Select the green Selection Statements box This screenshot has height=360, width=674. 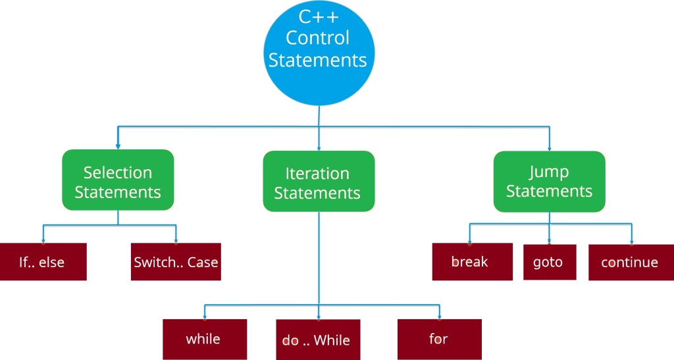(118, 180)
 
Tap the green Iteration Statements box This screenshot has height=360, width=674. (319, 181)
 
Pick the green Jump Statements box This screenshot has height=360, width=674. (550, 181)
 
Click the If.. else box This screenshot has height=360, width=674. (43, 262)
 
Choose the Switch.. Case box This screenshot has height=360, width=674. (176, 262)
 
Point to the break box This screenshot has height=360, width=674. (473, 262)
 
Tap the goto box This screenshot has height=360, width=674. (550, 262)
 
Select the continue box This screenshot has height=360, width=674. (631, 262)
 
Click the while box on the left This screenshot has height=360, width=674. (205, 340)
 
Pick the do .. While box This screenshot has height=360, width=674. (318, 340)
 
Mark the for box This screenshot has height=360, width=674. (439, 340)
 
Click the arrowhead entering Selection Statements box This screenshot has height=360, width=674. (118, 146)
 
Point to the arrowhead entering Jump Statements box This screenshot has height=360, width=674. (550, 148)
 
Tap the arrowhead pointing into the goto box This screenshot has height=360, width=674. (550, 242)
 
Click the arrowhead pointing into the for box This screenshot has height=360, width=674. (439, 317)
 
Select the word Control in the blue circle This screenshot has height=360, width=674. (318, 38)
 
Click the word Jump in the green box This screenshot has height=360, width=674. (549, 172)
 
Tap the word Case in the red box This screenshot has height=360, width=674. (203, 262)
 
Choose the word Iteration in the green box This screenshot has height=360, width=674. (317, 174)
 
